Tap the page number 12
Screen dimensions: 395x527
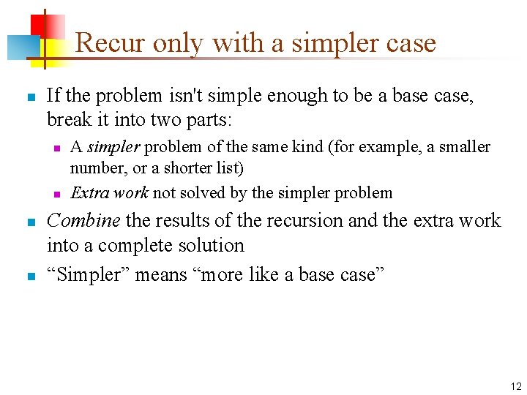click(x=516, y=386)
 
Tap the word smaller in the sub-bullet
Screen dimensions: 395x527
click(x=463, y=147)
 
